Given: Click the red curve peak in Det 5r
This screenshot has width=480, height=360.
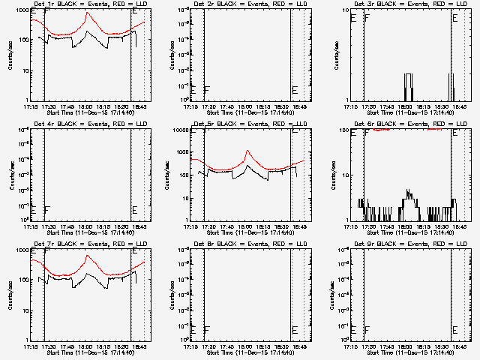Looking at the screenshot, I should (x=248, y=151).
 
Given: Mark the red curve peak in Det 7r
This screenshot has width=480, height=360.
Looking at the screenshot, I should (x=88, y=254).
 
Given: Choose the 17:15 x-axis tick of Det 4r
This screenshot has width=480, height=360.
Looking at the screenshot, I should (x=31, y=226).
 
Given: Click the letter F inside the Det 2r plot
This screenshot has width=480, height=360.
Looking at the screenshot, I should (x=206, y=90).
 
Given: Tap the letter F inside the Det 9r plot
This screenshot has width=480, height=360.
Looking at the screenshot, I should (x=367, y=330).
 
